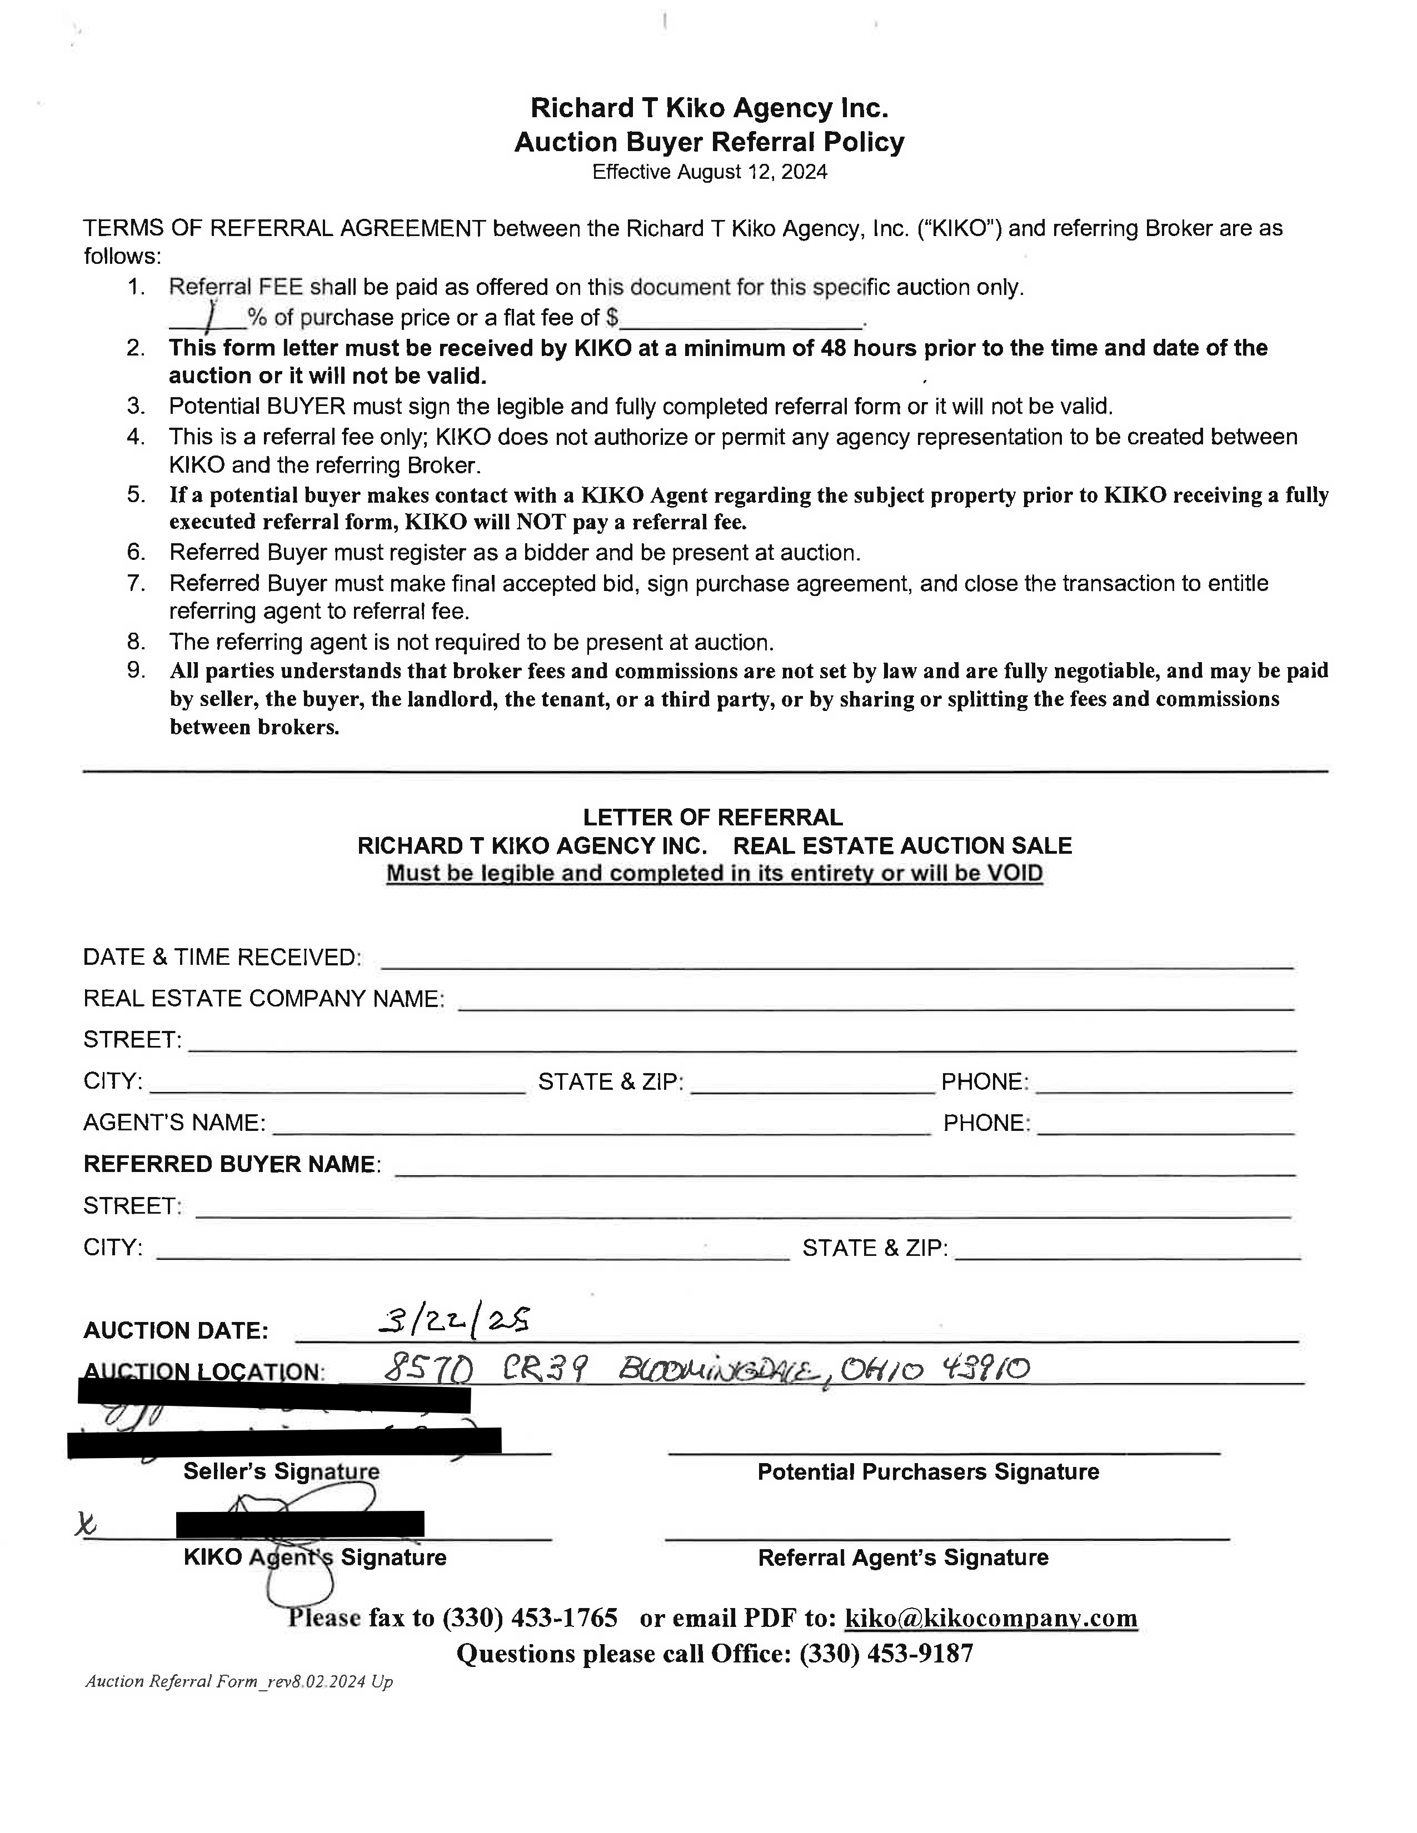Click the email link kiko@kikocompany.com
tap(991, 1617)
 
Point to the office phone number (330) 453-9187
tap(886, 1654)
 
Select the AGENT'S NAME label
tap(174, 1123)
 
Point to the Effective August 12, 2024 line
tap(710, 172)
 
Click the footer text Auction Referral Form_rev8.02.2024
tap(238, 1681)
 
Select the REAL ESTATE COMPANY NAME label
tap(263, 999)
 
